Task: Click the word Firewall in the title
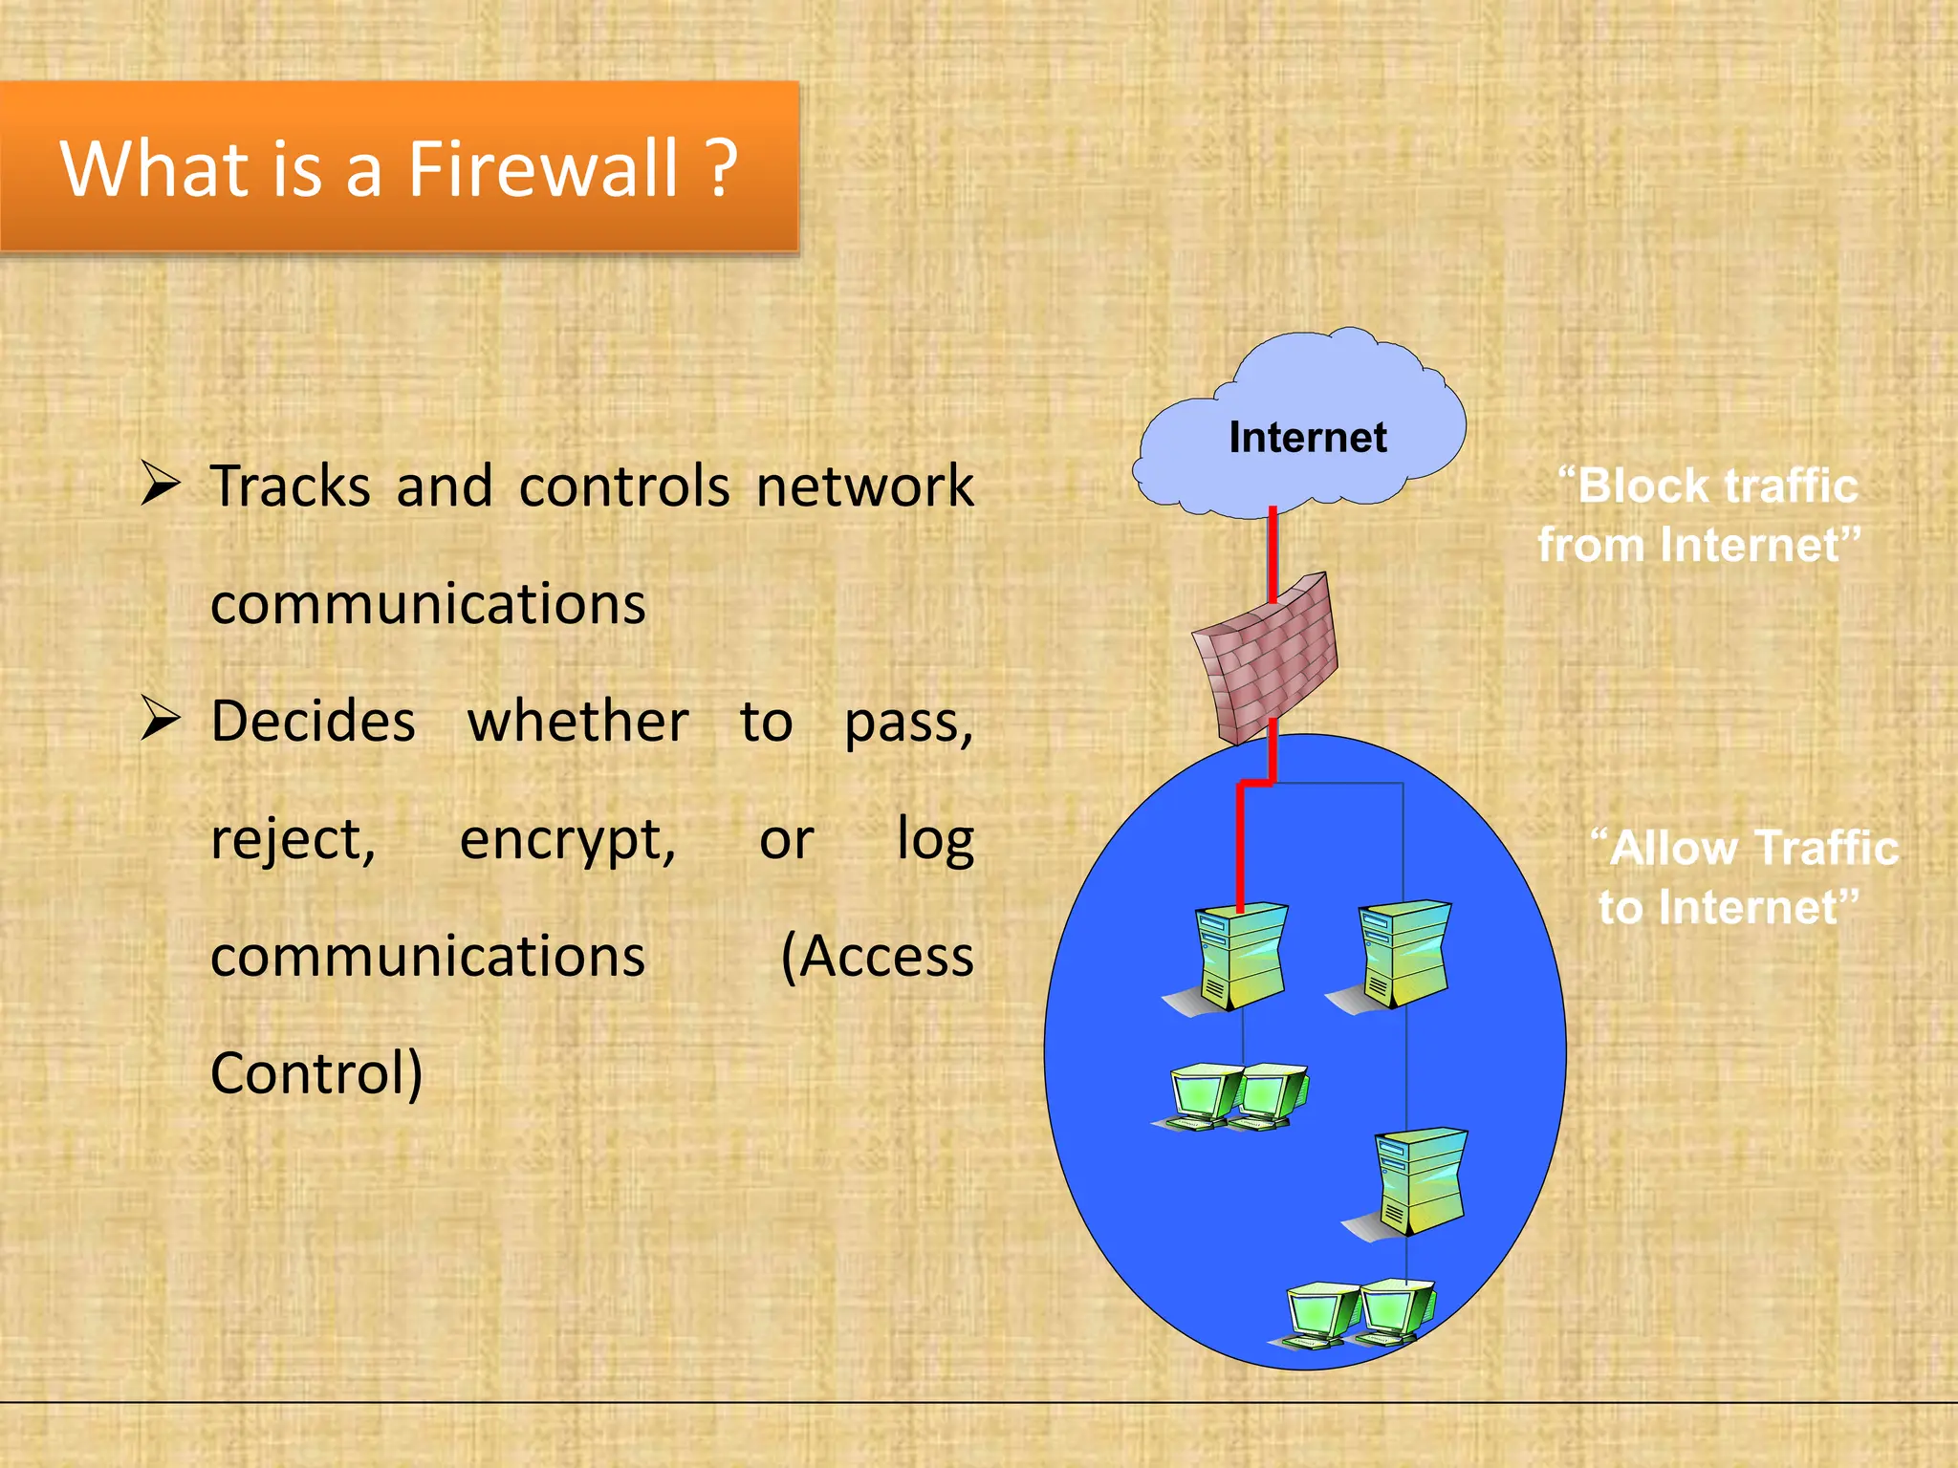point(543,168)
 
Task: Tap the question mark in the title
point(722,168)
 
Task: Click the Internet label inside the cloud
point(1307,438)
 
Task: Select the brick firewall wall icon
point(1265,658)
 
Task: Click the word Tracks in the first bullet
point(290,486)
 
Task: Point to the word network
point(864,486)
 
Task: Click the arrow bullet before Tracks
point(160,483)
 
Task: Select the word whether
point(577,722)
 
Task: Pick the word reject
point(293,841)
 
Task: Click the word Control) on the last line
point(316,1074)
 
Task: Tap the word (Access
point(877,957)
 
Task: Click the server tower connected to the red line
point(1241,956)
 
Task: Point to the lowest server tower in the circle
point(1421,1182)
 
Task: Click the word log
point(934,841)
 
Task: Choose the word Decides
point(314,722)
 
